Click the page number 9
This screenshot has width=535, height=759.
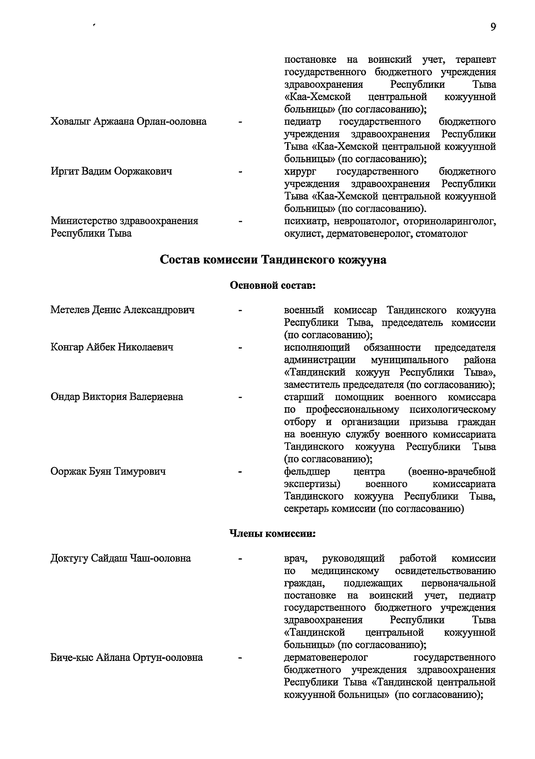[x=493, y=27]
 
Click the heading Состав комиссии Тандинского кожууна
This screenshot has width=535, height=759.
[x=273, y=260]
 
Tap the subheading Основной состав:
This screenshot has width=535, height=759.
[x=272, y=285]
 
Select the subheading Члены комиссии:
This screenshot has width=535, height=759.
[x=272, y=533]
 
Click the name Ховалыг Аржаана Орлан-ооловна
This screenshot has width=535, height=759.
[x=128, y=121]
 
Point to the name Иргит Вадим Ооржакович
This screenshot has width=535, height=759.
[x=111, y=171]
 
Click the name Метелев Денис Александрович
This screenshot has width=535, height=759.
[x=123, y=310]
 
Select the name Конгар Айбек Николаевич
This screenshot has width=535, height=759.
[x=112, y=347]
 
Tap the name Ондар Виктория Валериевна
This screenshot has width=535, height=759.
[x=117, y=397]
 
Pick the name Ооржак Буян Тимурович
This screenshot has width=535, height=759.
[x=108, y=471]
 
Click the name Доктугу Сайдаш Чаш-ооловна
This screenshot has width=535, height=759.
[x=121, y=558]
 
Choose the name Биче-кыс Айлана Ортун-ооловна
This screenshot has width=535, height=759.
[x=127, y=657]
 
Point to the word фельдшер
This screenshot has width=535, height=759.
[x=307, y=472]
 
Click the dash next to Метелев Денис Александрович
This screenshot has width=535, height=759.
[x=241, y=310]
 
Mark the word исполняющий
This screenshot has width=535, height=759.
[x=317, y=347]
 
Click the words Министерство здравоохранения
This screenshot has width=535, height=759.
[x=124, y=221]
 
